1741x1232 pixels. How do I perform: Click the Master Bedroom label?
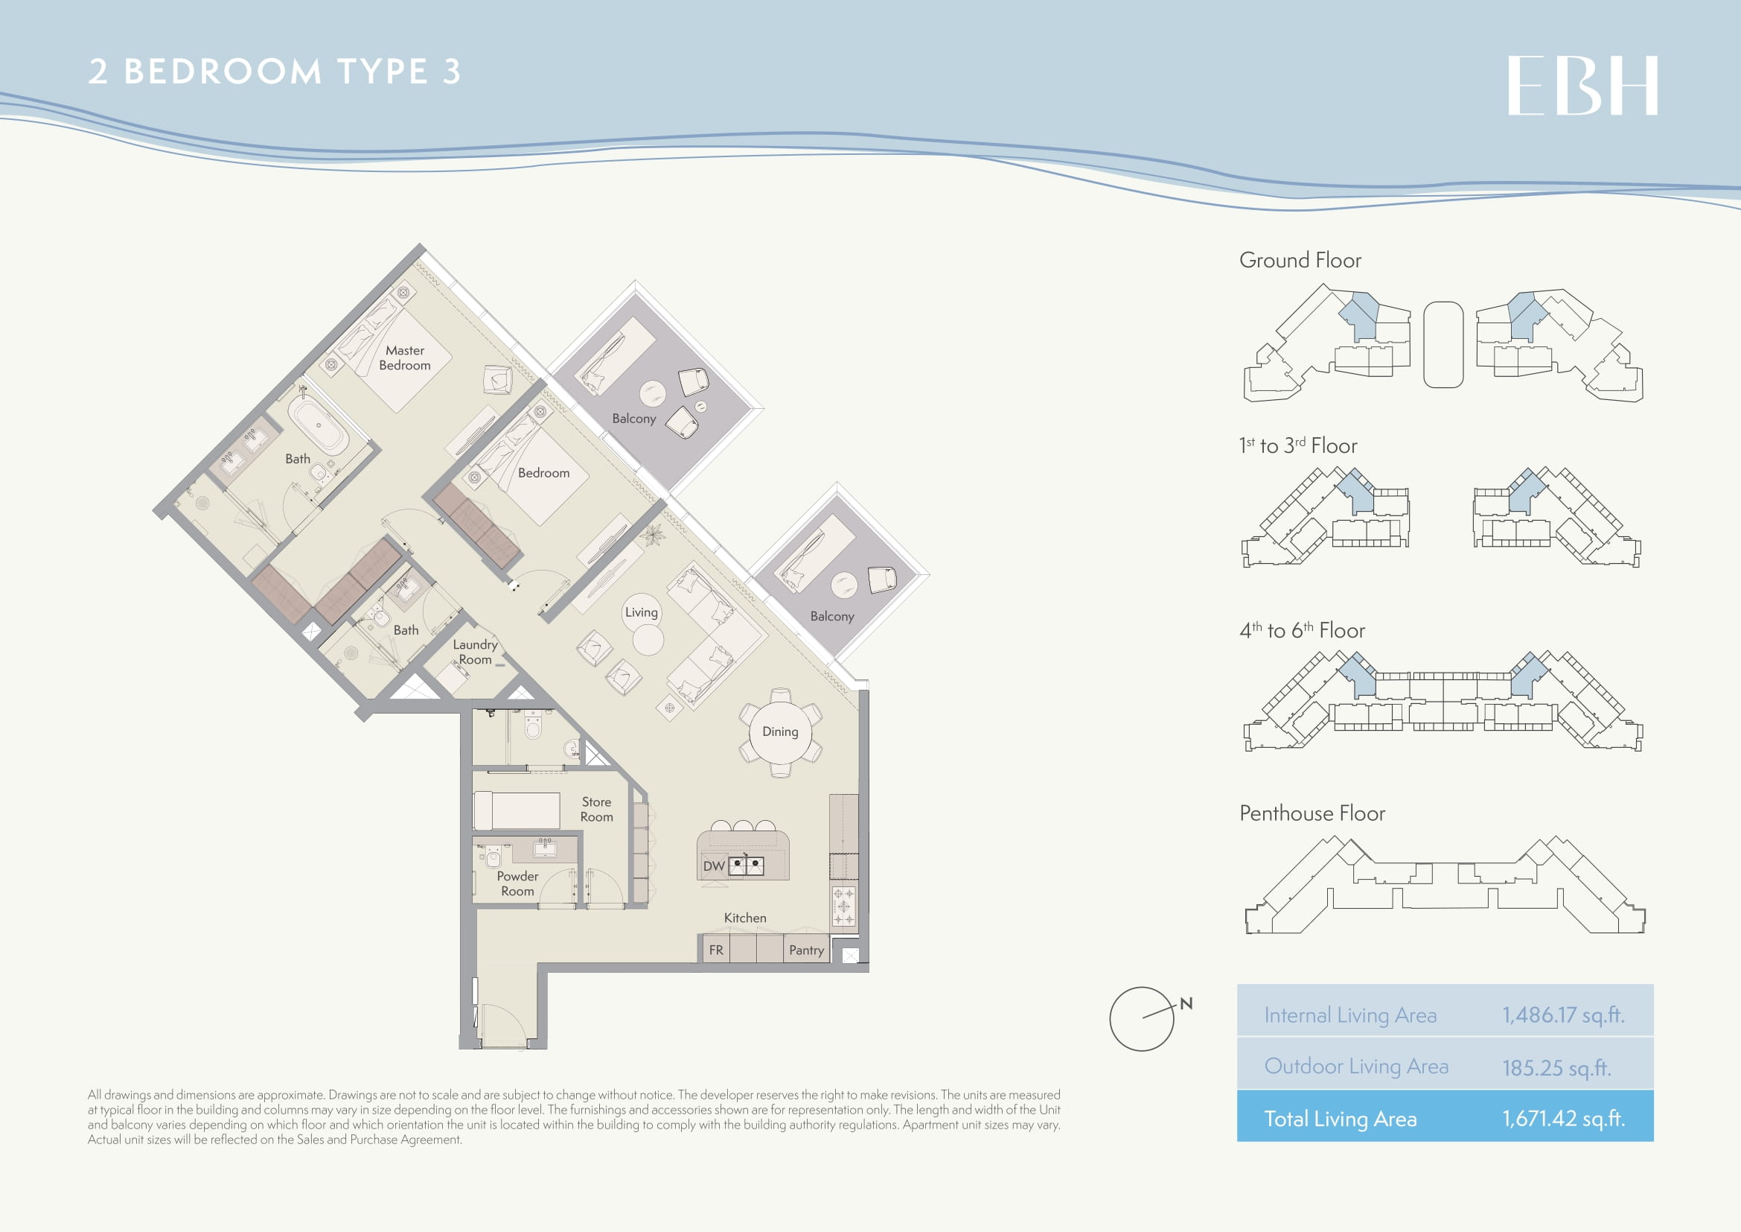click(x=405, y=358)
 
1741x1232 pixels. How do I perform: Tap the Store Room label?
click(x=597, y=810)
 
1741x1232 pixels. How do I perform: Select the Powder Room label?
click(x=517, y=884)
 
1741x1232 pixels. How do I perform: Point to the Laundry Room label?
click(x=476, y=652)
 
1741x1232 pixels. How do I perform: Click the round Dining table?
click(x=780, y=732)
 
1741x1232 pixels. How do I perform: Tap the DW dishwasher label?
click(x=714, y=866)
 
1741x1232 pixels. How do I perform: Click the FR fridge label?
click(x=716, y=950)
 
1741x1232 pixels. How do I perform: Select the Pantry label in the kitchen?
click(x=806, y=950)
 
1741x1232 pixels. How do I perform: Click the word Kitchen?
click(x=744, y=918)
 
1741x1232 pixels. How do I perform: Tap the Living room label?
click(x=641, y=612)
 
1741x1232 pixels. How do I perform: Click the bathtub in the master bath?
click(x=319, y=425)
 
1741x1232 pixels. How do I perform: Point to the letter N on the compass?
click(x=1186, y=1003)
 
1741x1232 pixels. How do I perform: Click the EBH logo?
click(x=1582, y=85)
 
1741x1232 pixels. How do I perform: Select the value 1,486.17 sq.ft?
click(x=1564, y=1015)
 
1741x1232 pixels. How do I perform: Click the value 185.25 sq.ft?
click(x=1556, y=1067)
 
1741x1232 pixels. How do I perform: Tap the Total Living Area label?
click(x=1340, y=1119)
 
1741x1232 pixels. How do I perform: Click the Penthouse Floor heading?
click(x=1312, y=813)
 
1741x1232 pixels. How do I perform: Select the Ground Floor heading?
click(x=1300, y=260)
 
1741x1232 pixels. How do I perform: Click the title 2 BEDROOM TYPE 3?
click(x=275, y=72)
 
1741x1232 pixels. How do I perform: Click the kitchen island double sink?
click(x=746, y=866)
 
